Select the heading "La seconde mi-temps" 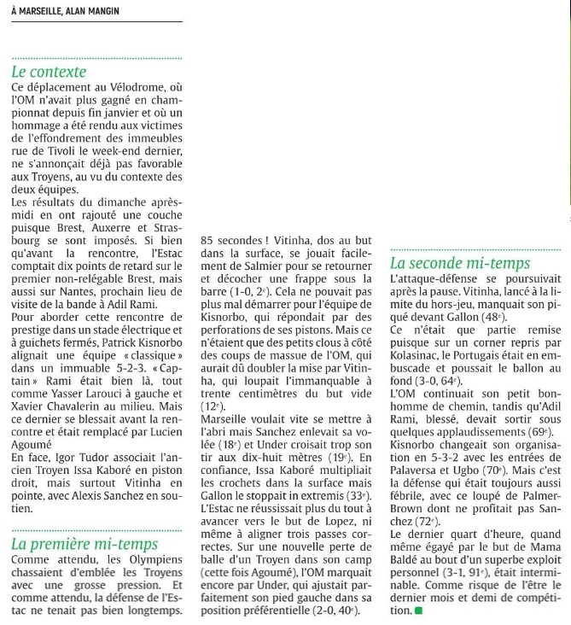460,263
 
